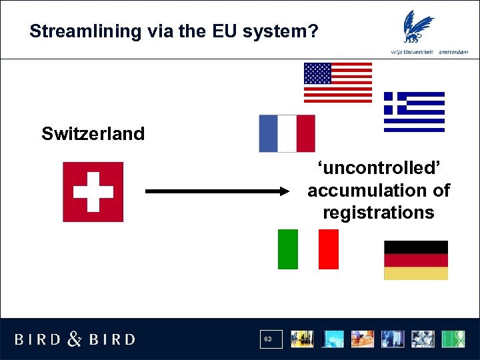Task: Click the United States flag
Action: (338, 83)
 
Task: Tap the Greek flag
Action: (414, 111)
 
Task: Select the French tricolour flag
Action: (287, 133)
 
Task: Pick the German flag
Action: (416, 260)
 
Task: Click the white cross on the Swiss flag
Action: (93, 191)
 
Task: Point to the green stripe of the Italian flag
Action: (288, 249)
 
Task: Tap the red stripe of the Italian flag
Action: (329, 249)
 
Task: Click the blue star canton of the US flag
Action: (317, 73)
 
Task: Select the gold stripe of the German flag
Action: (416, 273)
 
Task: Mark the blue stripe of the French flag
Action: (269, 133)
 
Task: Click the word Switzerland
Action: (93, 134)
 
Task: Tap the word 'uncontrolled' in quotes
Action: (377, 168)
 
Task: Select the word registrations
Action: (378, 213)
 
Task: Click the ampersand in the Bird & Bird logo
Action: (75, 339)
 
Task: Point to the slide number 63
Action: (268, 339)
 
